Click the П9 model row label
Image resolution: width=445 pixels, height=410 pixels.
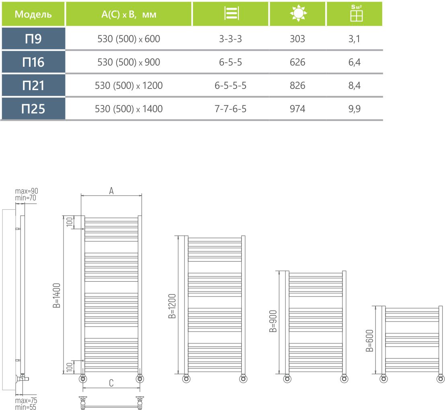coord(33,39)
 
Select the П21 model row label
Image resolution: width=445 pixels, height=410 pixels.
coord(33,86)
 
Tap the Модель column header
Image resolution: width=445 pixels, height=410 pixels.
coord(33,14)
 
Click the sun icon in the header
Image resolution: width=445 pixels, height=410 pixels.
coord(297,14)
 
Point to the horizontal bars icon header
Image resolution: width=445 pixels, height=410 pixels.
coord(231,14)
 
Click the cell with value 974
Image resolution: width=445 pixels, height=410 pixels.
coord(297,109)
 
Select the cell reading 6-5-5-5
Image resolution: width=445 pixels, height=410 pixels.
coord(231,86)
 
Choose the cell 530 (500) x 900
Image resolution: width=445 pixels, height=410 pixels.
coord(129,62)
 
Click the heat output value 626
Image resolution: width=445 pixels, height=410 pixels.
coord(297,62)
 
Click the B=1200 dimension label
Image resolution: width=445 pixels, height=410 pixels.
coord(172,305)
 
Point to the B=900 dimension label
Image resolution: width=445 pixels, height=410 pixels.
coord(273,321)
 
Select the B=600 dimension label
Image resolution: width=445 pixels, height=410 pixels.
coord(369,340)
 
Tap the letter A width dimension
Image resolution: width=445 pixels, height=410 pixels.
coord(112,191)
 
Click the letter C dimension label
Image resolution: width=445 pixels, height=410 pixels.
coord(111,383)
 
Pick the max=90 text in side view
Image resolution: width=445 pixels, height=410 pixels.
coord(27,191)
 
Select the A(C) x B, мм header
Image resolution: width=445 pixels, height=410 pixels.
coord(129,14)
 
